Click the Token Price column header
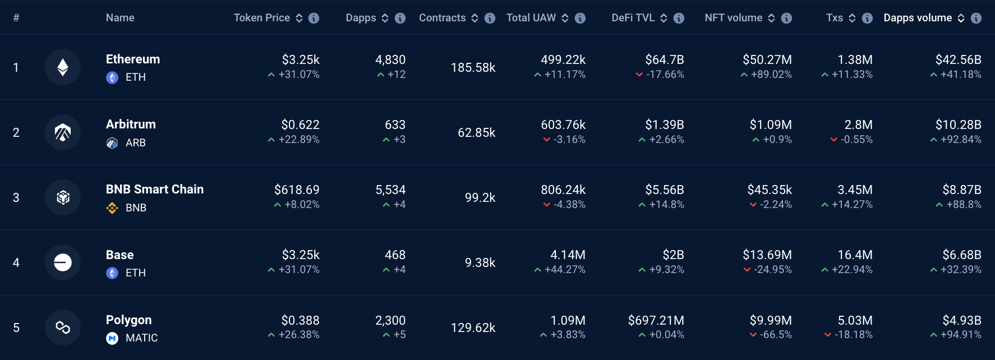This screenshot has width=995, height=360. pos(261,18)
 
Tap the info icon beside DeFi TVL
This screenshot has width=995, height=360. pos(679,18)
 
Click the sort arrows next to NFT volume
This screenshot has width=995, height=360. pos(771,18)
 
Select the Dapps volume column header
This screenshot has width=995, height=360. pos(917,18)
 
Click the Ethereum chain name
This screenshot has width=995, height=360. pos(133,59)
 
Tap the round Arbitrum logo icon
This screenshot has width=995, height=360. pos(63,132)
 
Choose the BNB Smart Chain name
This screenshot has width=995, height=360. pos(155,190)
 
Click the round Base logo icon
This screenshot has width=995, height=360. pos(63,262)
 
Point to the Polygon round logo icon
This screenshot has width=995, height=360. pos(63,327)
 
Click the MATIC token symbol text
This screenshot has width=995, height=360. pos(141,338)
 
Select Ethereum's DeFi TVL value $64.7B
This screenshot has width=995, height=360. pos(664,60)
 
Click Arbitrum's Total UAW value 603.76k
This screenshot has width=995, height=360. pos(563,125)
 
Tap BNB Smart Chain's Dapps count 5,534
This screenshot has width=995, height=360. pos(390,190)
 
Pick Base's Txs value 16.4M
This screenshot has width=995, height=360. pos(855,255)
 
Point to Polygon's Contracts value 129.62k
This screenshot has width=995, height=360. pos(473,327)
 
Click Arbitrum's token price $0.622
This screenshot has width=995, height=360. pos(300,125)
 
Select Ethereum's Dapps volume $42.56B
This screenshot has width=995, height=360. pos(958,60)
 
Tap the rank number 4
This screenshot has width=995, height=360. pos(16,262)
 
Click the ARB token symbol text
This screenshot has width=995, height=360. pos(136,143)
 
